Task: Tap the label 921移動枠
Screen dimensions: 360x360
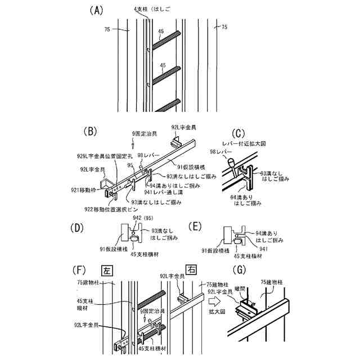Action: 87,191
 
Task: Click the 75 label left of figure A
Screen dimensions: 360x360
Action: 107,29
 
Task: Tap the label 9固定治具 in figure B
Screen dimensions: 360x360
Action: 145,133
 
